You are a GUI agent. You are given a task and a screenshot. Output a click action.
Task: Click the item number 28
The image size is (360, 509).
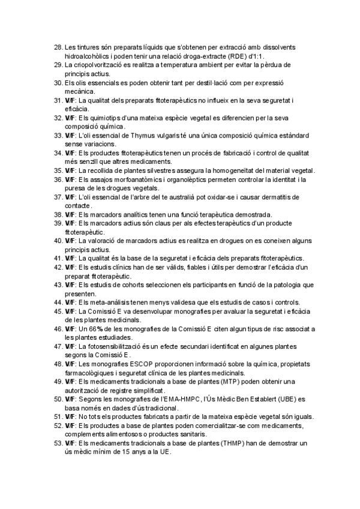(58, 46)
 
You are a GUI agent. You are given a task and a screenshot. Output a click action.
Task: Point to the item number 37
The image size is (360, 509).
(58, 197)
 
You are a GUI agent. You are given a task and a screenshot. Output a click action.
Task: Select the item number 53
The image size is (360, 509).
(58, 443)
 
